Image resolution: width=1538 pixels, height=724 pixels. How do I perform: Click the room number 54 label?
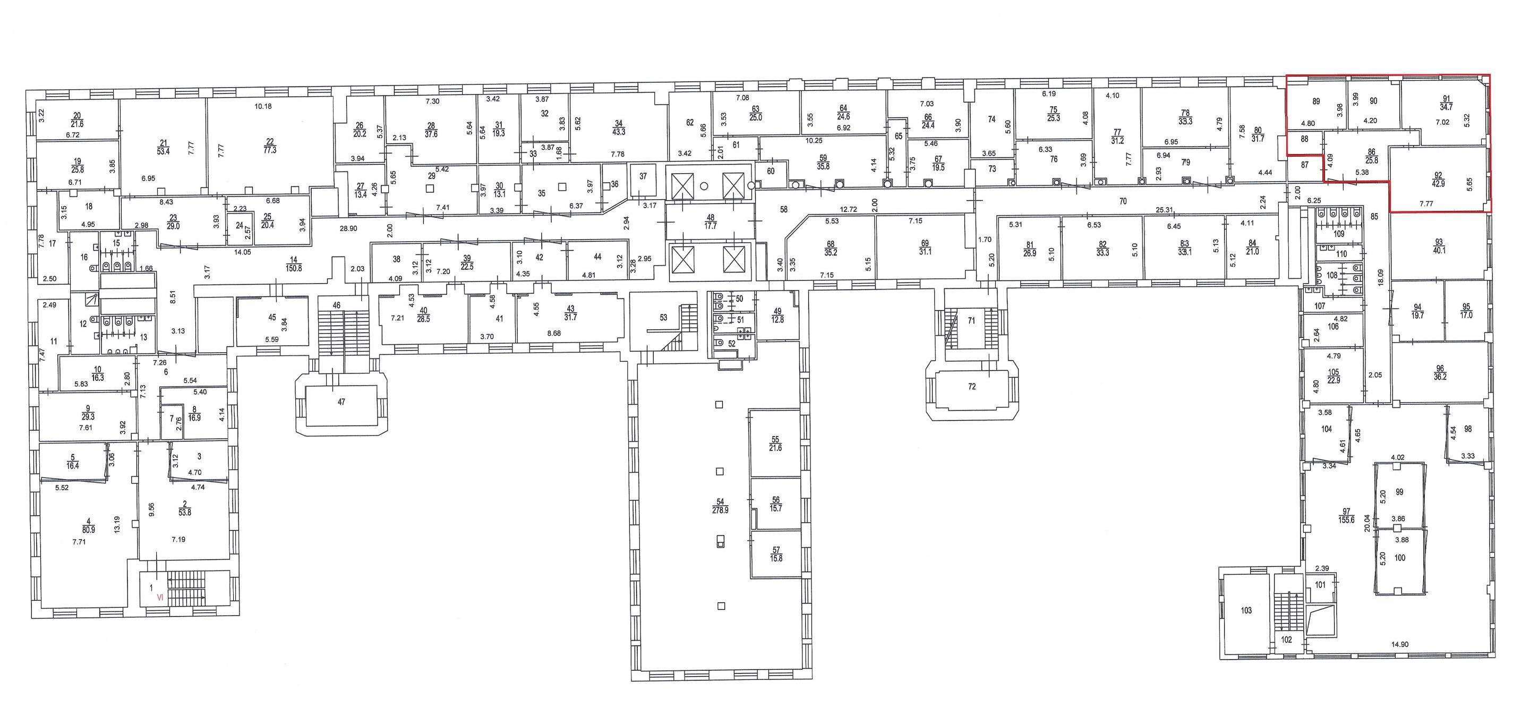[720, 502]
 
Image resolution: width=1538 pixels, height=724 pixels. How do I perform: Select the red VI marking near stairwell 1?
[159, 597]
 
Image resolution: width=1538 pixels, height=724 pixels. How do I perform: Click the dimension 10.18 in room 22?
[263, 107]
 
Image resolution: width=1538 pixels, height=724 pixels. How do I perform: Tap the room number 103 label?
[1246, 610]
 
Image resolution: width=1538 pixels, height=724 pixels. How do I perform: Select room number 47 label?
[341, 402]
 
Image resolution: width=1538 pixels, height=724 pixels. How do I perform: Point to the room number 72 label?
[972, 387]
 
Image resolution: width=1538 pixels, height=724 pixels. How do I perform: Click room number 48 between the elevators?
[711, 217]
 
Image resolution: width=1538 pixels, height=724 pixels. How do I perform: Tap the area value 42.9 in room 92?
[1438, 184]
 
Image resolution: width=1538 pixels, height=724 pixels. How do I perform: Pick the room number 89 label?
[1311, 101]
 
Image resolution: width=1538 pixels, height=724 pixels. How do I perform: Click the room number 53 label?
[663, 318]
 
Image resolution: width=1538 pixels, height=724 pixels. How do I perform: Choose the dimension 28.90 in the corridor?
[349, 228]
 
